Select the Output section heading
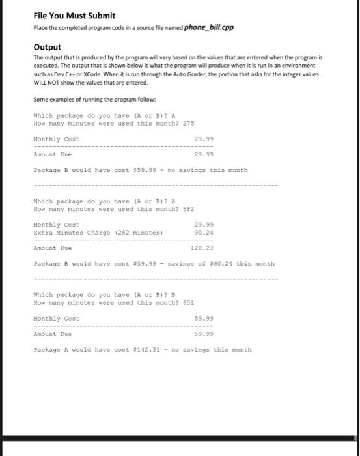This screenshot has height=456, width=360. coord(47,47)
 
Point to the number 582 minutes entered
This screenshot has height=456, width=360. coord(188,209)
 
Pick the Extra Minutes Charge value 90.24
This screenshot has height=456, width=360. coord(201,232)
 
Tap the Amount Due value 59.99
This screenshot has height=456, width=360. coord(203,334)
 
